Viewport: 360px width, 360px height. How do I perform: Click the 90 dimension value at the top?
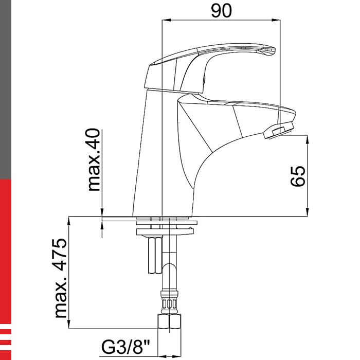pyautogui.click(x=221, y=10)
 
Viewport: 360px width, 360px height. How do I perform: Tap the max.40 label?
pyautogui.click(x=95, y=160)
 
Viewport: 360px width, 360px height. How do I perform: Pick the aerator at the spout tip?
pyautogui.click(x=278, y=132)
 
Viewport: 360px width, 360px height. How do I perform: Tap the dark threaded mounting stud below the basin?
pyautogui.click(x=153, y=256)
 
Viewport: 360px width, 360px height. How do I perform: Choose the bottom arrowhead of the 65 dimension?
pyautogui.click(x=308, y=212)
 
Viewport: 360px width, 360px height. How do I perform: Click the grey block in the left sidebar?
pyautogui.click(x=5, y=87)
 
